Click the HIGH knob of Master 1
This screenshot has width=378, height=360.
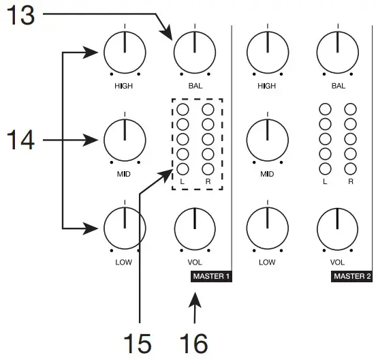tap(125, 52)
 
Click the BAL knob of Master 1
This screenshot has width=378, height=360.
tap(194, 52)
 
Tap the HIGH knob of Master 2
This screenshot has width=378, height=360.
tap(267, 52)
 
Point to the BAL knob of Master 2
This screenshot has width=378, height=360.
tap(337, 52)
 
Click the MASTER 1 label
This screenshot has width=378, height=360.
tap(211, 277)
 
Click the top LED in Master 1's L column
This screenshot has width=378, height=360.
tap(183, 109)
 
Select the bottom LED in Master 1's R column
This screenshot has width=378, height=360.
tap(208, 168)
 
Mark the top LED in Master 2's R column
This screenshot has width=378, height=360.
tap(350, 109)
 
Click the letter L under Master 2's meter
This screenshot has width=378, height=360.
tap(324, 182)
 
